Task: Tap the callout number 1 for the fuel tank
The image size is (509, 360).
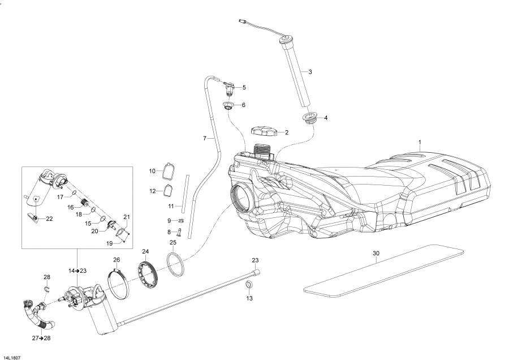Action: tap(420, 141)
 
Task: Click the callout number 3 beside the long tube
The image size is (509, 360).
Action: tap(310, 72)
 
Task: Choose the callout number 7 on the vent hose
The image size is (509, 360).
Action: tap(205, 138)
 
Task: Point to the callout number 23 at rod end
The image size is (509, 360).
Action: tap(255, 260)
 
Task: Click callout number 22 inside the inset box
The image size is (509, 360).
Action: tap(49, 218)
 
